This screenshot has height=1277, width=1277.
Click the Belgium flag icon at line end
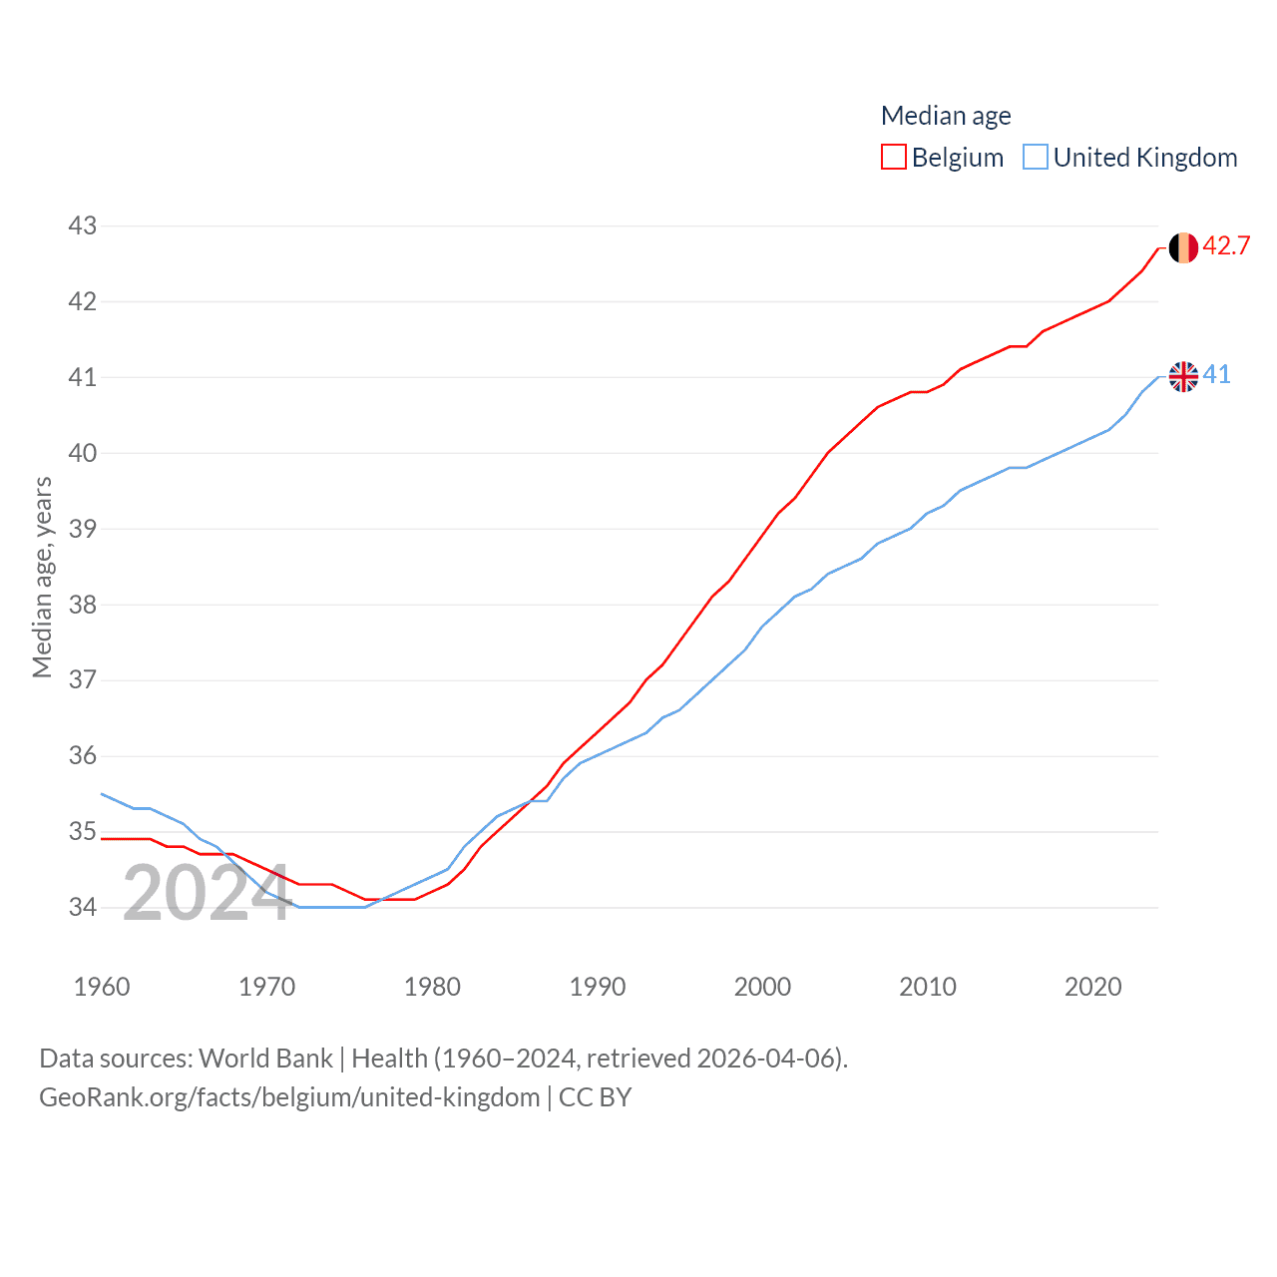1183,247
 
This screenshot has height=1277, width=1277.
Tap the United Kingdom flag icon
1183,376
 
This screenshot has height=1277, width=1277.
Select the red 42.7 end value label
1226,245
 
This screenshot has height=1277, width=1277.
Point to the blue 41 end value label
1217,374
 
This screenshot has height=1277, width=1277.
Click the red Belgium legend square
894,158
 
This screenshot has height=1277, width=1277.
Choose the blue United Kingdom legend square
1036,158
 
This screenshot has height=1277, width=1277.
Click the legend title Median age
946,116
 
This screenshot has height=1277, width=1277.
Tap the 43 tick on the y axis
83,225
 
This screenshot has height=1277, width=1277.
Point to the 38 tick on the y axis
83,605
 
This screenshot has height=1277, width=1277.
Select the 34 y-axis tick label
83,907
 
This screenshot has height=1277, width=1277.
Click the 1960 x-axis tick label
102,987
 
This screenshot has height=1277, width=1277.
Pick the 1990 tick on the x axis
598,987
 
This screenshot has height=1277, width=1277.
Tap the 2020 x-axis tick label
1093,987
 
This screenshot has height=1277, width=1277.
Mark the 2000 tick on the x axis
762,987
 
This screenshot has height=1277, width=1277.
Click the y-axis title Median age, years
42,578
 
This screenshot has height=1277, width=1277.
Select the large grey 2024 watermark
206,893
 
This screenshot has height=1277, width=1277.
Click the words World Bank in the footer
265,1058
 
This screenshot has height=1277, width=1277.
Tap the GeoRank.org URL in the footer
289,1097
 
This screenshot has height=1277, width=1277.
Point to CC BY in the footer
595,1097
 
